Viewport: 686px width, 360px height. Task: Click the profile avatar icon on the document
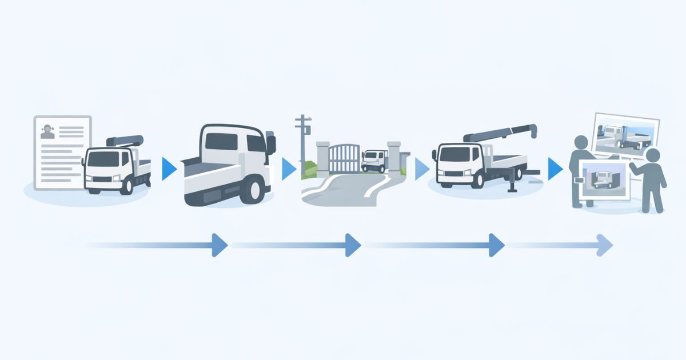[47, 133]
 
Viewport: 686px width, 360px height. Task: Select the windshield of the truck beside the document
[102, 159]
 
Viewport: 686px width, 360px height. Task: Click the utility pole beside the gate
[301, 143]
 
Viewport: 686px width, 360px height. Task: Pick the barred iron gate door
[344, 158]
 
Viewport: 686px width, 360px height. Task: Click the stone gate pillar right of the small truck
[394, 157]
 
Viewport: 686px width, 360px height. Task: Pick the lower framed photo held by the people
[605, 178]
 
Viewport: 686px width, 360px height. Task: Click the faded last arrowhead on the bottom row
[604, 245]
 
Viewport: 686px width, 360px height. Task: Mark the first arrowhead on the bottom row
[219, 245]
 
